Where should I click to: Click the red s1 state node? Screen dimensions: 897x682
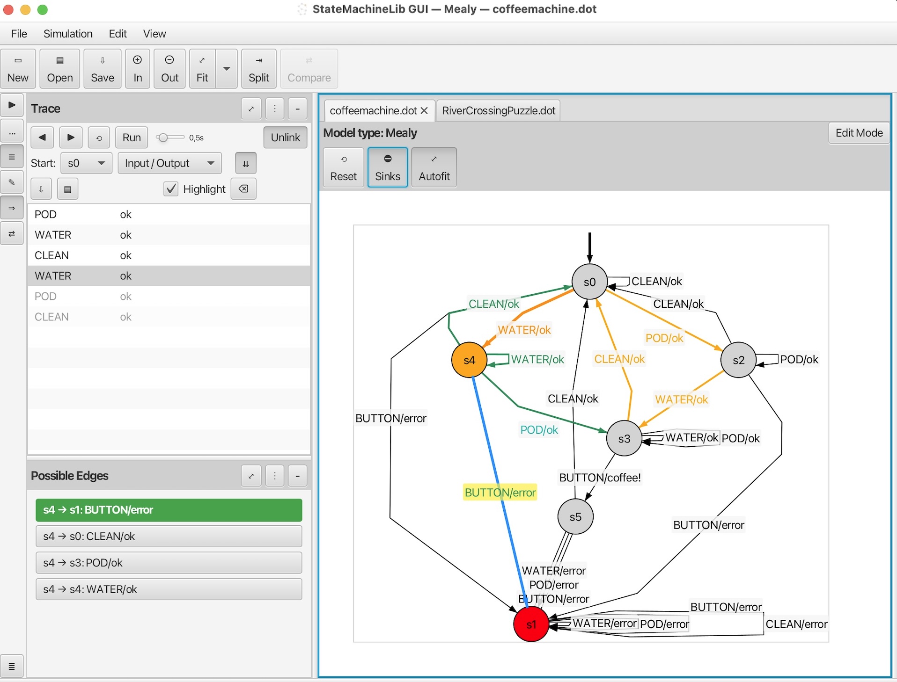531,624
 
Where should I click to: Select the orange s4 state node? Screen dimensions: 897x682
469,360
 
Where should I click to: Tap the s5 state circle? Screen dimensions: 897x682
575,516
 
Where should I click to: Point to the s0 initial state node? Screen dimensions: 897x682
589,282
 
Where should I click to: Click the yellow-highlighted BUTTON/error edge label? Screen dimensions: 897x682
500,492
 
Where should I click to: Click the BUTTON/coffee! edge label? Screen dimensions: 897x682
600,478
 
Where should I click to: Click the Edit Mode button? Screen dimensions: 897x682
859,133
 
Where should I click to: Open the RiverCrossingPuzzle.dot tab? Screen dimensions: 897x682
498,111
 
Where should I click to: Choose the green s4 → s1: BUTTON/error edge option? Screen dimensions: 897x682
169,510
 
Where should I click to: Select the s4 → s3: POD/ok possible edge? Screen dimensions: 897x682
169,563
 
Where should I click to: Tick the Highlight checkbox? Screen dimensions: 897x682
171,189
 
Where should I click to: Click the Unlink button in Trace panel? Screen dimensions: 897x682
285,138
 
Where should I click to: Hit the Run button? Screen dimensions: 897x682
132,138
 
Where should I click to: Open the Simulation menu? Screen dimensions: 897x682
68,34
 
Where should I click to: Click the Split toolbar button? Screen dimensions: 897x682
259,69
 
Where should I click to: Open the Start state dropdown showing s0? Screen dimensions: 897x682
87,163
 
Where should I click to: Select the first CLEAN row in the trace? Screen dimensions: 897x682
51,255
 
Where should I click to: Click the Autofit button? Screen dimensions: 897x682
434,167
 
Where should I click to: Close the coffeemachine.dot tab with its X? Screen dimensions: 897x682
424,111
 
